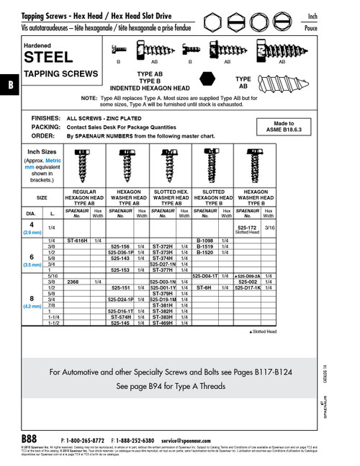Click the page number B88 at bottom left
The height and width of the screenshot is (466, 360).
coord(30,439)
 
